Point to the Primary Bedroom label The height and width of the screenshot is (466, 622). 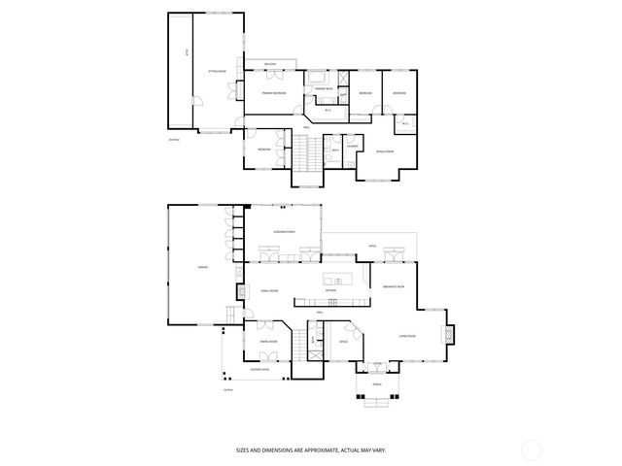[x=273, y=92]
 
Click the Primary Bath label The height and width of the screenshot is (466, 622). [x=325, y=88]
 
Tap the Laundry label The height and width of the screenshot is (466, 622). [x=354, y=148]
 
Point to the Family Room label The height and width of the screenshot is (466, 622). [x=269, y=290]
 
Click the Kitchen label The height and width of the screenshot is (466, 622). [x=330, y=290]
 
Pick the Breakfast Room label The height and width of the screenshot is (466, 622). [x=393, y=287]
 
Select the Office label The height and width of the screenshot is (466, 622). [x=343, y=342]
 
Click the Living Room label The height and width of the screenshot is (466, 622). [x=407, y=336]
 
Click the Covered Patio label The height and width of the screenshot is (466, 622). [x=259, y=369]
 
